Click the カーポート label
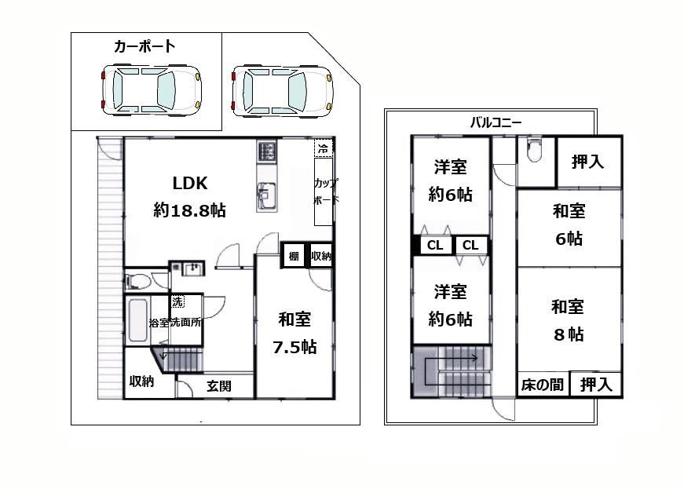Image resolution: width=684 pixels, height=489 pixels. click(144, 46)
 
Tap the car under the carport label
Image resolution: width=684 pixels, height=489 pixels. click(152, 89)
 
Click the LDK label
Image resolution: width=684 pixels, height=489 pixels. click(190, 183)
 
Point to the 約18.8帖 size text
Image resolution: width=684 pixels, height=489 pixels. click(190, 211)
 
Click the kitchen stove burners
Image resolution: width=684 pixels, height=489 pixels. click(266, 151)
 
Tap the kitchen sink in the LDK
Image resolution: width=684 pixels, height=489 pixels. click(266, 196)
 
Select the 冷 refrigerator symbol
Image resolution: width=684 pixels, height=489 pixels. click(324, 148)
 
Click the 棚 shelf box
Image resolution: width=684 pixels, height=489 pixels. click(294, 256)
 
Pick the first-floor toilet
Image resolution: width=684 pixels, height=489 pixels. click(138, 281)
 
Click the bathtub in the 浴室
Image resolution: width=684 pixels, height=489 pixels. click(138, 321)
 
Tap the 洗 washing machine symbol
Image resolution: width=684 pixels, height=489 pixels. click(177, 301)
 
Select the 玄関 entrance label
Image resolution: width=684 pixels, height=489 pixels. click(219, 385)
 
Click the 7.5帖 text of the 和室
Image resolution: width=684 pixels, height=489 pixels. click(295, 348)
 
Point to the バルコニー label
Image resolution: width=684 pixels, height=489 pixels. click(496, 123)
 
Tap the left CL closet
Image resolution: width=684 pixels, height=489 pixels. click(435, 246)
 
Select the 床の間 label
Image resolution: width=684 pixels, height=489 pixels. click(543, 385)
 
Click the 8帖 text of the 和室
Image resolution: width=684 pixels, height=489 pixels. click(569, 334)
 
